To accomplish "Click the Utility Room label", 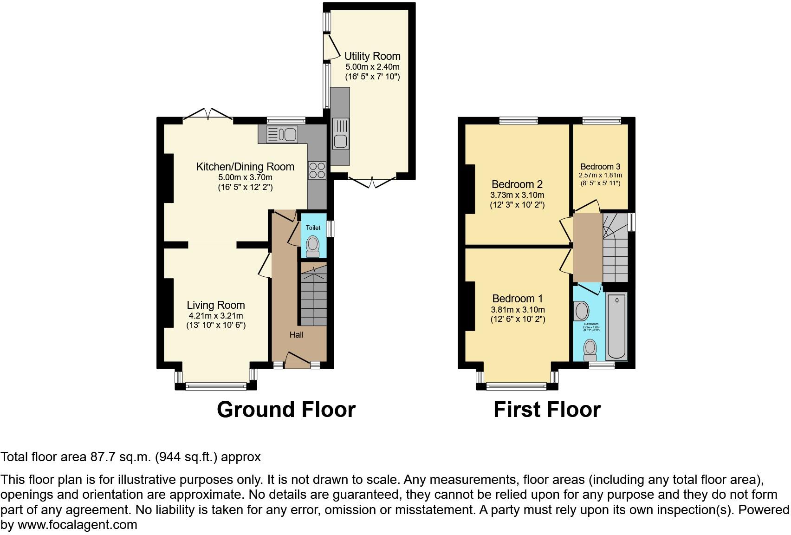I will click(372, 56).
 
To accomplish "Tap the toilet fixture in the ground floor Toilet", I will click(313, 245).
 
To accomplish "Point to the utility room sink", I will click(341, 135).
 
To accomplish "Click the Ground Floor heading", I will click(286, 410).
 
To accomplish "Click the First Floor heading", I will click(547, 410).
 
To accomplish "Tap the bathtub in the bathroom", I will click(616, 326).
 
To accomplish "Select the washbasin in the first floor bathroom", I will click(581, 310).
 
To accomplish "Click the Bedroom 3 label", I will click(600, 167).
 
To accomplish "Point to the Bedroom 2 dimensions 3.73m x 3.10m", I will click(517, 195).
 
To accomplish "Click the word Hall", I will click(296, 334).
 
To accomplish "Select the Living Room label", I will click(215, 305).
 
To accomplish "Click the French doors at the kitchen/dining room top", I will click(208, 113).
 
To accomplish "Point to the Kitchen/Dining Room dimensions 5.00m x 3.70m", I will click(245, 177).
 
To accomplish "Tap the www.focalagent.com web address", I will click(77, 525).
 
